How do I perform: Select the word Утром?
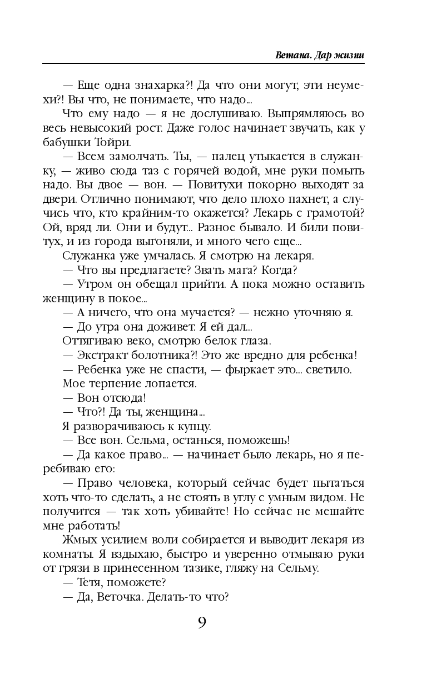tap(92, 284)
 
